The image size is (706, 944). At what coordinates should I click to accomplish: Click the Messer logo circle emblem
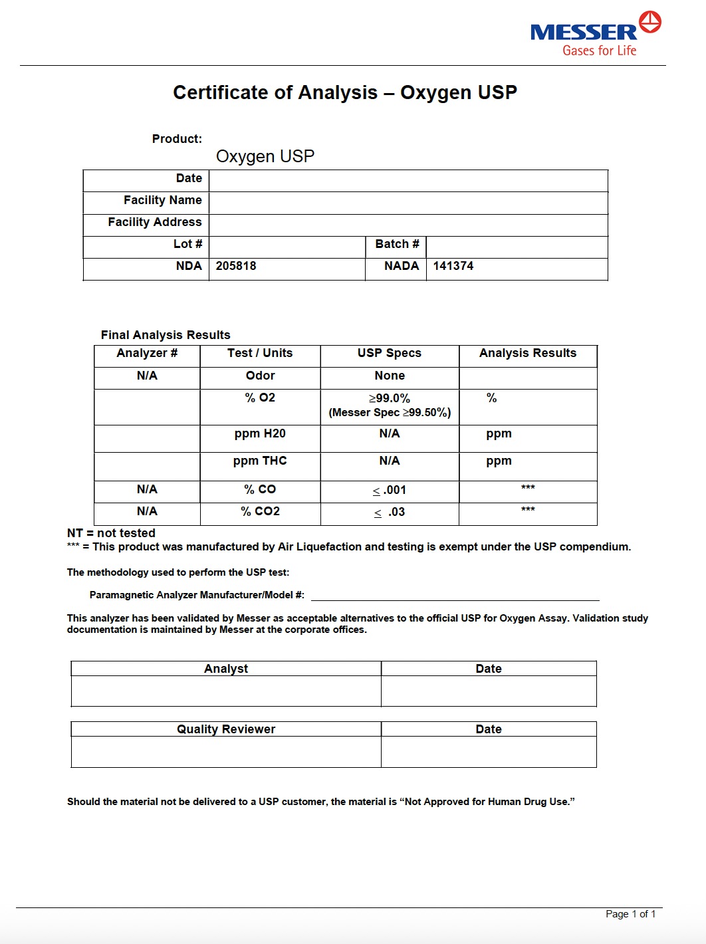[650, 21]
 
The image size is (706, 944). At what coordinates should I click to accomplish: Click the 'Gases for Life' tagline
[599, 51]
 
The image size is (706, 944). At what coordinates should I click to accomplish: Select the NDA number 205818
[236, 266]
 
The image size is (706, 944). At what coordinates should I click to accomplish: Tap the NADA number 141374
[453, 266]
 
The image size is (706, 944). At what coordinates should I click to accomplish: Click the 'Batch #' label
[397, 244]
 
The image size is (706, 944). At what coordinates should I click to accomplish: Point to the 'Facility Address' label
[154, 222]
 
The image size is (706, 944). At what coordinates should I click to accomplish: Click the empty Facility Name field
[408, 201]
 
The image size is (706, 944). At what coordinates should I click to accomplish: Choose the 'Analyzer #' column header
[147, 353]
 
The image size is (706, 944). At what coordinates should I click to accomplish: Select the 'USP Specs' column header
[390, 353]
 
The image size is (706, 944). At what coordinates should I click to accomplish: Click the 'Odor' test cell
[260, 376]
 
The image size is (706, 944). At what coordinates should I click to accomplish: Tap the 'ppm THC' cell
[260, 461]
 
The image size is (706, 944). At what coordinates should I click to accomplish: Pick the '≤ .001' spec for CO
[390, 491]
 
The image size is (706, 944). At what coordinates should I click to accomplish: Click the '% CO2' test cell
[260, 511]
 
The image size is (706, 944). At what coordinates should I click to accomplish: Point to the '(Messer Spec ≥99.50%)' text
[390, 413]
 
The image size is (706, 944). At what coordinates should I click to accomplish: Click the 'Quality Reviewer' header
[226, 729]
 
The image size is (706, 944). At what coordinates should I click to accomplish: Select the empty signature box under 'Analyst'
[226, 691]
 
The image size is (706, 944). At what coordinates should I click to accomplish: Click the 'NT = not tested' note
[111, 533]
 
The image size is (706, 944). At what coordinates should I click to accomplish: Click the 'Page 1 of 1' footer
[630, 914]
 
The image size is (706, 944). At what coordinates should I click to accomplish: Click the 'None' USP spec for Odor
[390, 376]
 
